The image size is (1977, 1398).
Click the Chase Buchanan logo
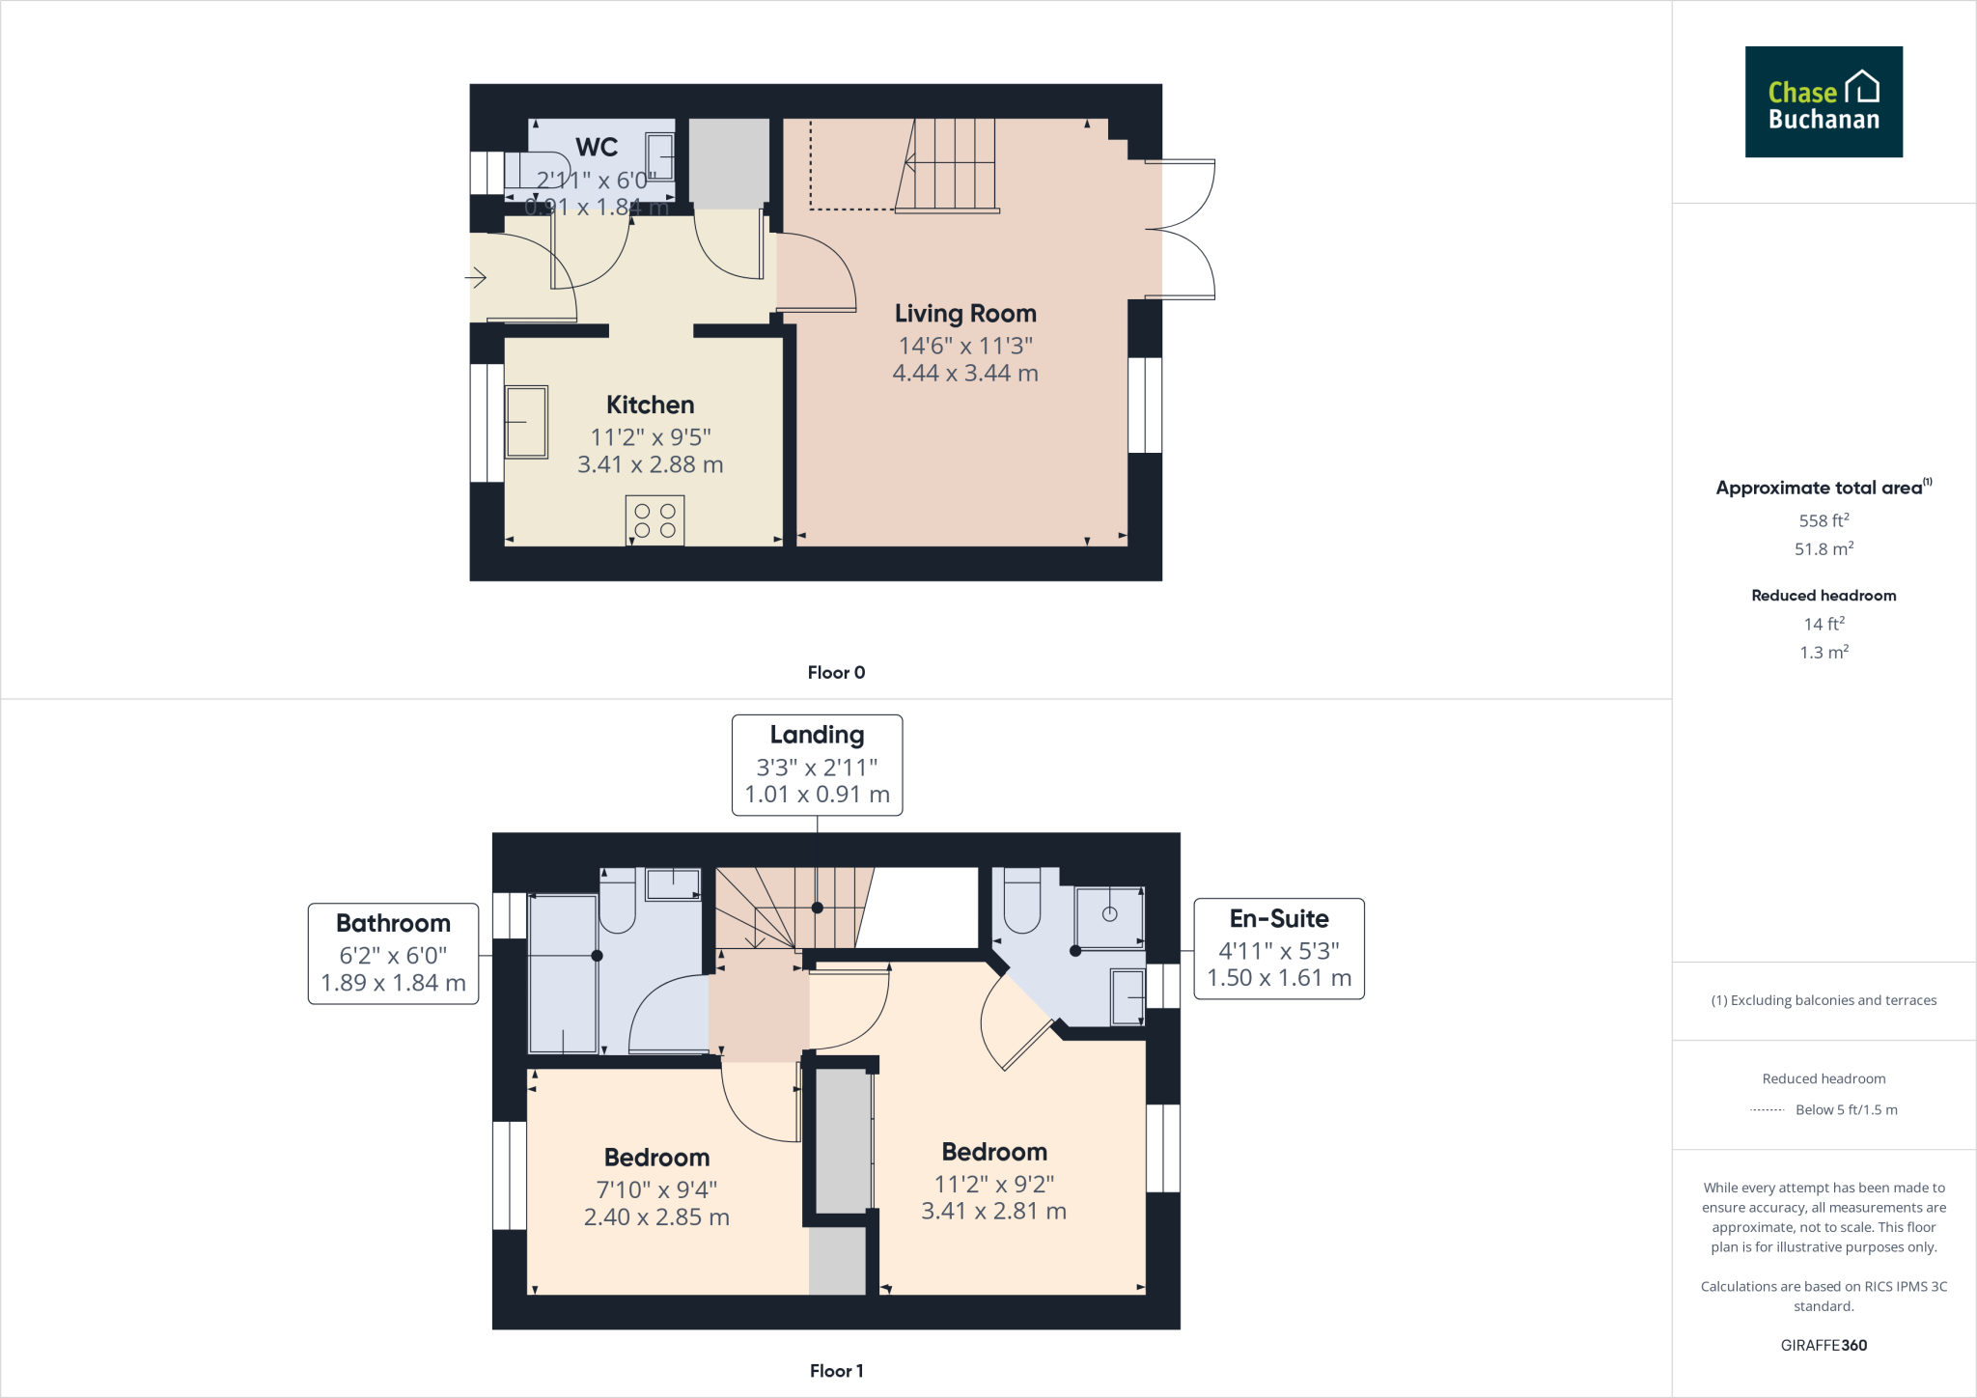[1823, 101]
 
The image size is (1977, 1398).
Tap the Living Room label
[965, 314]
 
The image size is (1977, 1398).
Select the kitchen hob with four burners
[654, 520]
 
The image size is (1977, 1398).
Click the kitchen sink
[526, 422]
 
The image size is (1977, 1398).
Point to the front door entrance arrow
[476, 279]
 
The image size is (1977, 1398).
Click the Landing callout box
[817, 765]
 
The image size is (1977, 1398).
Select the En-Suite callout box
[1278, 948]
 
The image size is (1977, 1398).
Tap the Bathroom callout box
[393, 953]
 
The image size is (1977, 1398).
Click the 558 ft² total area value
[1823, 520]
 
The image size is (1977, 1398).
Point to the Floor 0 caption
[836, 673]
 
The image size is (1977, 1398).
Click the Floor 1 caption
[836, 1371]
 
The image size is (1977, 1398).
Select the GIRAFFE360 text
[1823, 1345]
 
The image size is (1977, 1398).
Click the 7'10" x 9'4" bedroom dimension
[656, 1189]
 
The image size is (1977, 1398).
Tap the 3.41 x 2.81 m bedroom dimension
[993, 1211]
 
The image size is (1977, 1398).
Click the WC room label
[597, 148]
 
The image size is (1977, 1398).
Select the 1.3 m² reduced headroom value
[1823, 653]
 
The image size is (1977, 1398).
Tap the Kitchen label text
[650, 405]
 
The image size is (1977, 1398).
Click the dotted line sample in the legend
[1767, 1110]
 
